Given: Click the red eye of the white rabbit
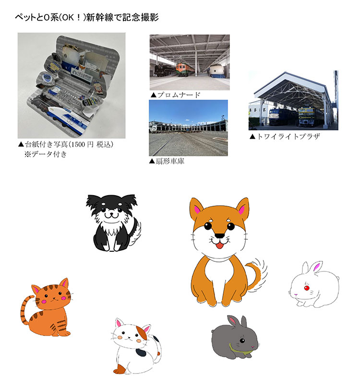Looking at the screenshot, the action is (x=307, y=288).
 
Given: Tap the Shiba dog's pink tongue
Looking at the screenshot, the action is (x=219, y=246).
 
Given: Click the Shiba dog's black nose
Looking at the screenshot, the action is (x=219, y=235).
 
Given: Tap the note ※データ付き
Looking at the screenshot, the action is (x=46, y=154).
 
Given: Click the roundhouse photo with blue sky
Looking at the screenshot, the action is (x=188, y=128).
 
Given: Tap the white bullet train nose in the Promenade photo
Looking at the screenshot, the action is (x=216, y=71).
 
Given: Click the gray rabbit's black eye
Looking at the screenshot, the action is (x=242, y=340).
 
